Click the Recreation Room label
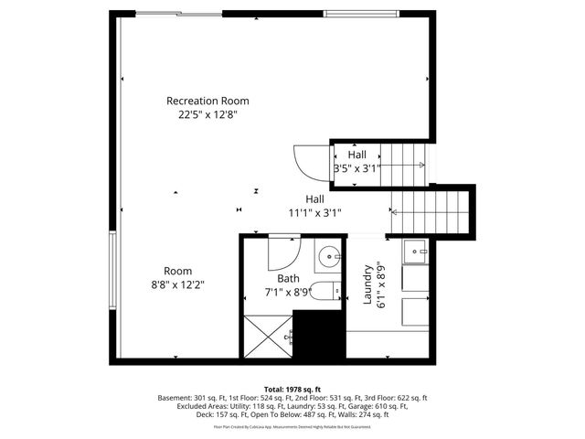coord(207,101)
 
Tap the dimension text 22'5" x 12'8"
coord(207,115)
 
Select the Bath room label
coord(289,279)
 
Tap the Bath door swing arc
coord(285,252)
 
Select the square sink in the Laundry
coord(417,249)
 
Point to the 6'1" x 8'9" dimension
coord(382,284)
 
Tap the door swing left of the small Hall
coord(308,164)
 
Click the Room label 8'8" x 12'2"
coord(177,277)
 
